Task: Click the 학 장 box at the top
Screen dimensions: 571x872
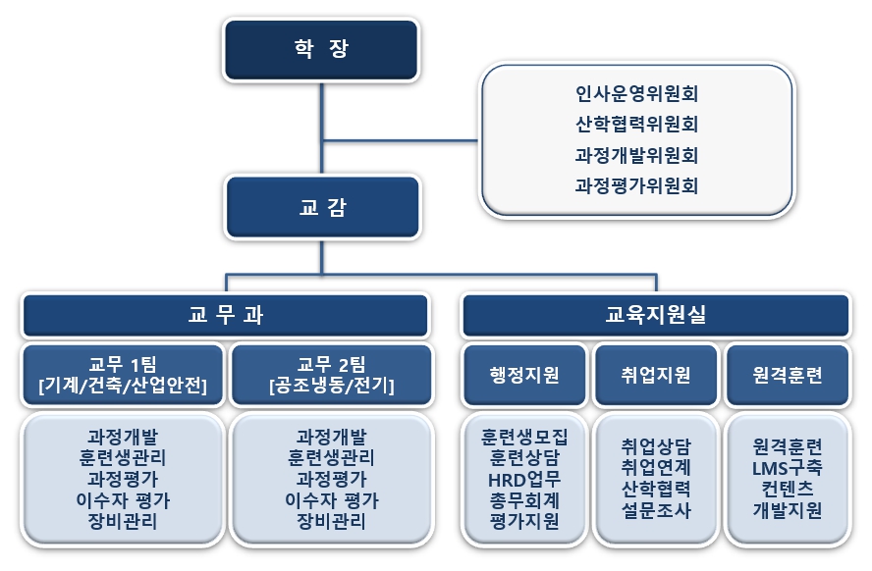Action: pyautogui.click(x=320, y=48)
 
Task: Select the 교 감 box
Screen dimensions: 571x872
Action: pyautogui.click(x=320, y=207)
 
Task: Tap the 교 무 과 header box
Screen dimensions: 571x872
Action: pyautogui.click(x=225, y=315)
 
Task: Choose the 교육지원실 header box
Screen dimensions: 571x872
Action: pyautogui.click(x=655, y=315)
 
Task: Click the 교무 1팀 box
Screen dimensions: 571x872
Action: pyautogui.click(x=122, y=374)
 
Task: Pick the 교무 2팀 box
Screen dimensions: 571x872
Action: pyautogui.click(x=331, y=374)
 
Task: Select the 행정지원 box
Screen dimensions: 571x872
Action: pyautogui.click(x=524, y=375)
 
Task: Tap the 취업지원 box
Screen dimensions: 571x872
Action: pyautogui.click(x=656, y=375)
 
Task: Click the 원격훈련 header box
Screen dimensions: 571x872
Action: pyautogui.click(x=787, y=375)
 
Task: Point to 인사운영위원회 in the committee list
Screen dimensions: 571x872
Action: pyautogui.click(x=636, y=95)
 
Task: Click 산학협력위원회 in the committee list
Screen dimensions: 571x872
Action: pyautogui.click(x=636, y=125)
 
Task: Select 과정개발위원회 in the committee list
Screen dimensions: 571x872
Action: pyautogui.click(x=636, y=155)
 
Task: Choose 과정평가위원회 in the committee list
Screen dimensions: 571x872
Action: pyautogui.click(x=636, y=184)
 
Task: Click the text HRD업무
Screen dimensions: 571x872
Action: pyautogui.click(x=524, y=480)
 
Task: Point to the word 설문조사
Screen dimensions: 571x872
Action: pyautogui.click(x=656, y=509)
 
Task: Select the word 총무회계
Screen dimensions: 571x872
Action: pyautogui.click(x=524, y=500)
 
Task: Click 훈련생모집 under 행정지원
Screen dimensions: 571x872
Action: pyautogui.click(x=524, y=437)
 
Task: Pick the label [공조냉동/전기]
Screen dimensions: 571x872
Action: pyautogui.click(x=331, y=386)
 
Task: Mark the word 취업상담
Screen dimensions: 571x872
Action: pyautogui.click(x=656, y=444)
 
